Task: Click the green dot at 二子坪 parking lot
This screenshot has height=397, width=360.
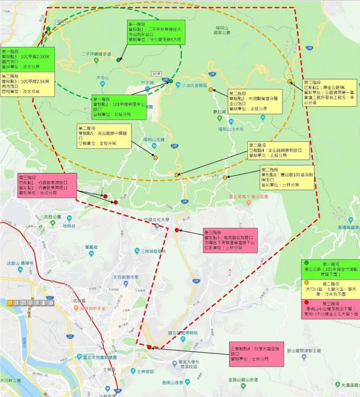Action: pyautogui.click(x=119, y=60)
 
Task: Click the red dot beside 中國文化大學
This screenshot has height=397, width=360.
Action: pyautogui.click(x=177, y=230)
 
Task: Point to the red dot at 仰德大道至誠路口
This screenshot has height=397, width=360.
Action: pyautogui.click(x=150, y=347)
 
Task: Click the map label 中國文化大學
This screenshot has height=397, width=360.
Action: pyautogui.click(x=158, y=220)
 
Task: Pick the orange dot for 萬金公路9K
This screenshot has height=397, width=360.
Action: pyautogui.click(x=289, y=81)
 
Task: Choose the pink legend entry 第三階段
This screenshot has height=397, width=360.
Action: pyautogui.click(x=331, y=307)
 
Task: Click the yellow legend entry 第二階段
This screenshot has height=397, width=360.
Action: pyautogui.click(x=331, y=289)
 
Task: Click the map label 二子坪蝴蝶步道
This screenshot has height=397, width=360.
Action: pyautogui.click(x=96, y=54)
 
